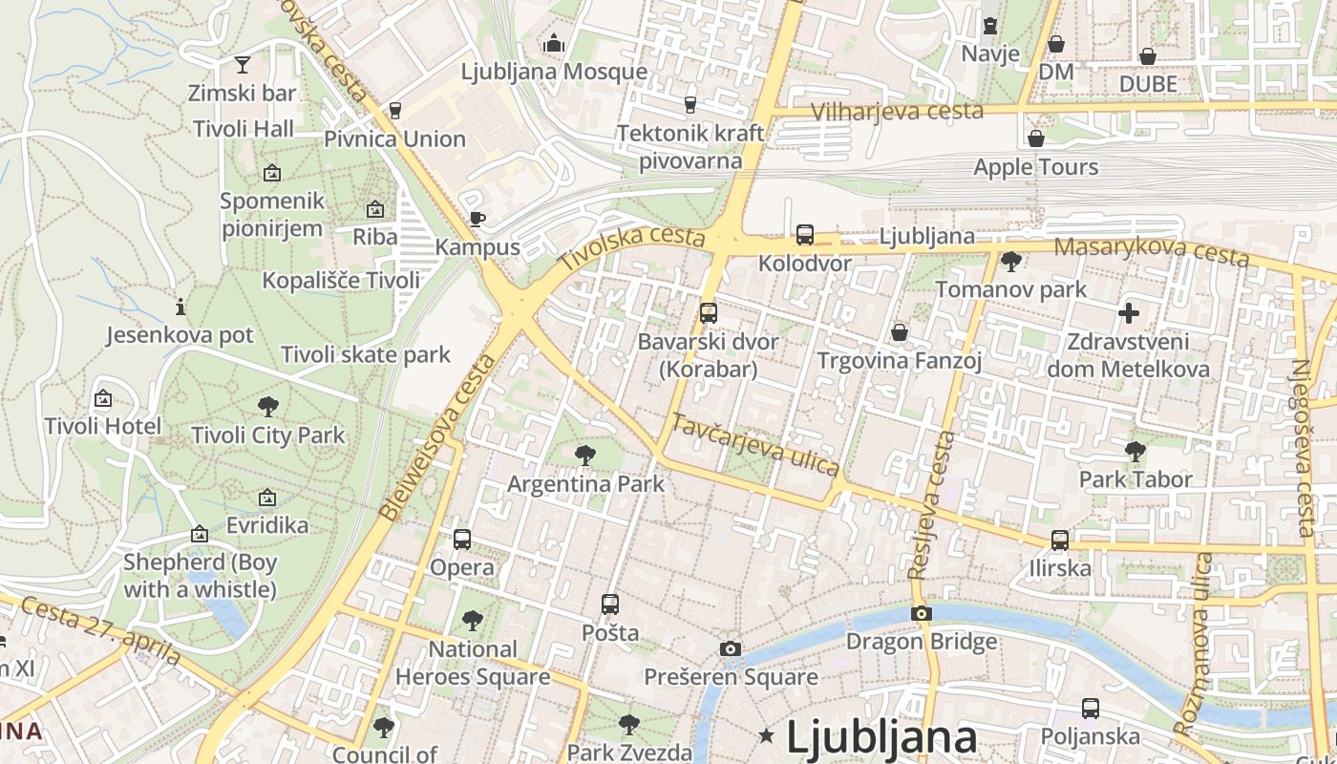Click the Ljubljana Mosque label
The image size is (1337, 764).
click(554, 72)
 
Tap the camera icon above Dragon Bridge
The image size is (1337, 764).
click(921, 613)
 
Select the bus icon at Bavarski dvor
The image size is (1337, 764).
click(708, 312)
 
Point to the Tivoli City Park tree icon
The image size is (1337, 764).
click(268, 407)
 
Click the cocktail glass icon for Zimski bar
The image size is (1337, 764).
click(243, 65)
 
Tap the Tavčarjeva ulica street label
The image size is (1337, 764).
click(755, 444)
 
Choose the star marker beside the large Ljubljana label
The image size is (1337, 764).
click(766, 735)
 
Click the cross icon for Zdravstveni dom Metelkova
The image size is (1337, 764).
click(1129, 312)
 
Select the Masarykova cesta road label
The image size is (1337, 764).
click(1152, 252)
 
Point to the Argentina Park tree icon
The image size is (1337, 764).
click(585, 456)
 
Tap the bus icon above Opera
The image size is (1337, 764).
click(462, 540)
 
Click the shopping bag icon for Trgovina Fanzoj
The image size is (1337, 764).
click(899, 332)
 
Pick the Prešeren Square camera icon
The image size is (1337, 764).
click(731, 649)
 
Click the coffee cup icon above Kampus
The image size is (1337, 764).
click(477, 219)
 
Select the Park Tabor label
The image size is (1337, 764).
click(1135, 479)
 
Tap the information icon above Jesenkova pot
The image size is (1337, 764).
click(180, 308)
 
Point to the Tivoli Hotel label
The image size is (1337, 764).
click(103, 426)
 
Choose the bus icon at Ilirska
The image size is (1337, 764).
click(1059, 541)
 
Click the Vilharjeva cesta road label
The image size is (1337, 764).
click(897, 112)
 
